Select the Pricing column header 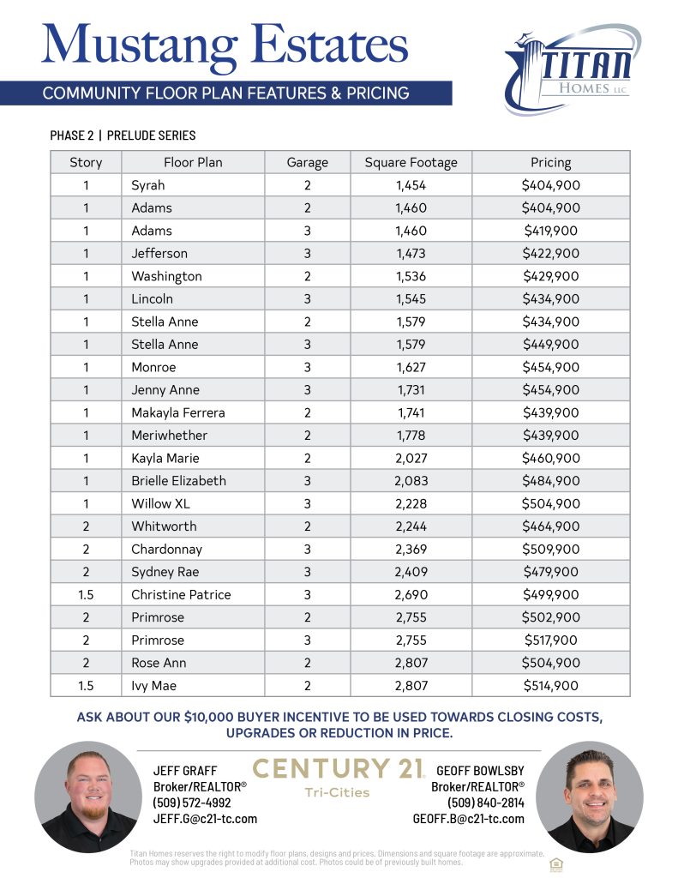pyautogui.click(x=550, y=162)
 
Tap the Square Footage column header pyautogui.click(x=411, y=162)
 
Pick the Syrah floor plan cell pyautogui.click(x=148, y=185)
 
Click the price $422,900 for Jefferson pyautogui.click(x=550, y=253)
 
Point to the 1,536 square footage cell pyautogui.click(x=411, y=276)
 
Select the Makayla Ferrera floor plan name pyautogui.click(x=178, y=412)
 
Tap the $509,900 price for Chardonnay pyautogui.click(x=550, y=549)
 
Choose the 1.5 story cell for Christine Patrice pyautogui.click(x=86, y=594)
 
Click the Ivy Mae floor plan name pyautogui.click(x=153, y=685)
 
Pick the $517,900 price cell pyautogui.click(x=550, y=640)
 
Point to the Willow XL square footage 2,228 pyautogui.click(x=411, y=503)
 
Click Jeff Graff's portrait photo pyautogui.click(x=85, y=797)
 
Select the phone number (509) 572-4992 pyautogui.click(x=192, y=803)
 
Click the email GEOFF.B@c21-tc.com pyautogui.click(x=468, y=819)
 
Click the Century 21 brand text pyautogui.click(x=338, y=768)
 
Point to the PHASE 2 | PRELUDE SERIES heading pyautogui.click(x=123, y=135)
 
